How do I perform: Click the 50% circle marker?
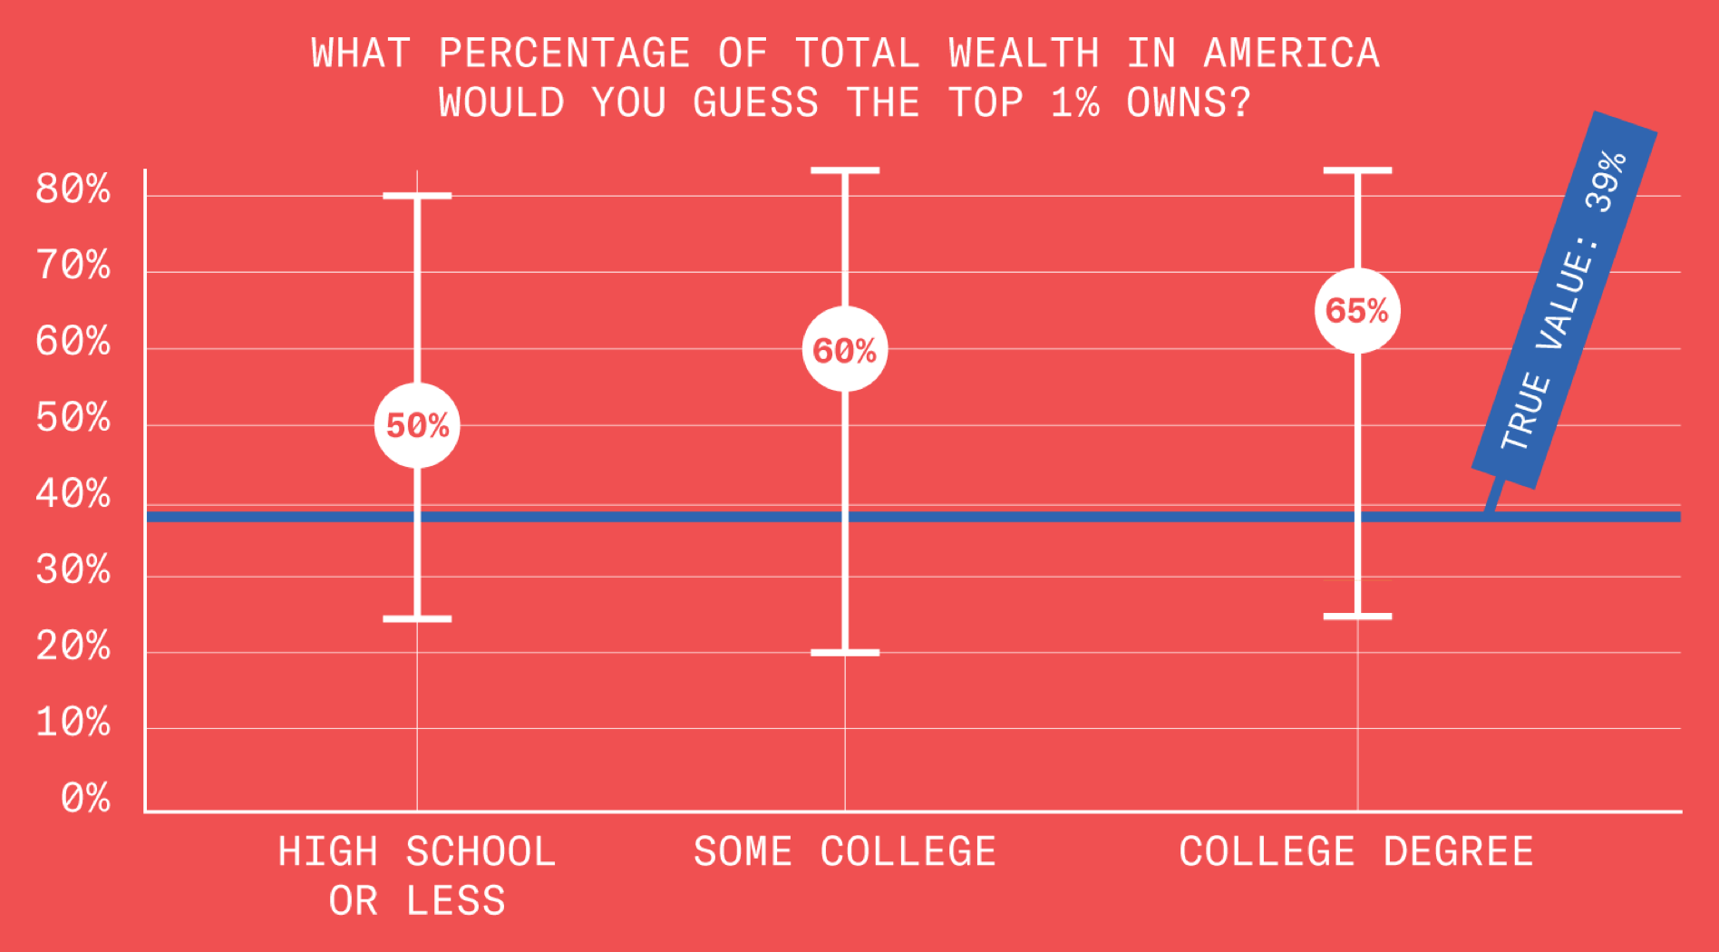[x=417, y=425]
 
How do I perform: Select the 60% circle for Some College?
[x=844, y=350]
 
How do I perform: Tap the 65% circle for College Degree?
[x=1357, y=311]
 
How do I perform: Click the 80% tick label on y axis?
[x=73, y=189]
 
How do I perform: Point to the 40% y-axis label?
[x=73, y=494]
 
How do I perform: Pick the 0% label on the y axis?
[x=85, y=799]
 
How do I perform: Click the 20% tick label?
[x=73, y=646]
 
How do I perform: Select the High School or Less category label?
[x=417, y=876]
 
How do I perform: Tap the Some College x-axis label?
[x=844, y=852]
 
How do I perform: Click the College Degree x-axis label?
[x=1355, y=852]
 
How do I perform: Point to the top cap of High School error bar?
[x=417, y=196]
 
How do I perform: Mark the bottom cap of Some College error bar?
[x=844, y=652]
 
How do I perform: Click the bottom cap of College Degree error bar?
[x=1357, y=617]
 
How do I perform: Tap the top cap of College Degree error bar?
[x=1357, y=170]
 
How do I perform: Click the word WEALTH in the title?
[x=1024, y=53]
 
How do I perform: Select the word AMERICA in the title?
[x=1291, y=53]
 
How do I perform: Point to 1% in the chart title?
[x=1074, y=103]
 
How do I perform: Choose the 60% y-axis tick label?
[x=73, y=342]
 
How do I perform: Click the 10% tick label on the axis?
[x=73, y=723]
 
